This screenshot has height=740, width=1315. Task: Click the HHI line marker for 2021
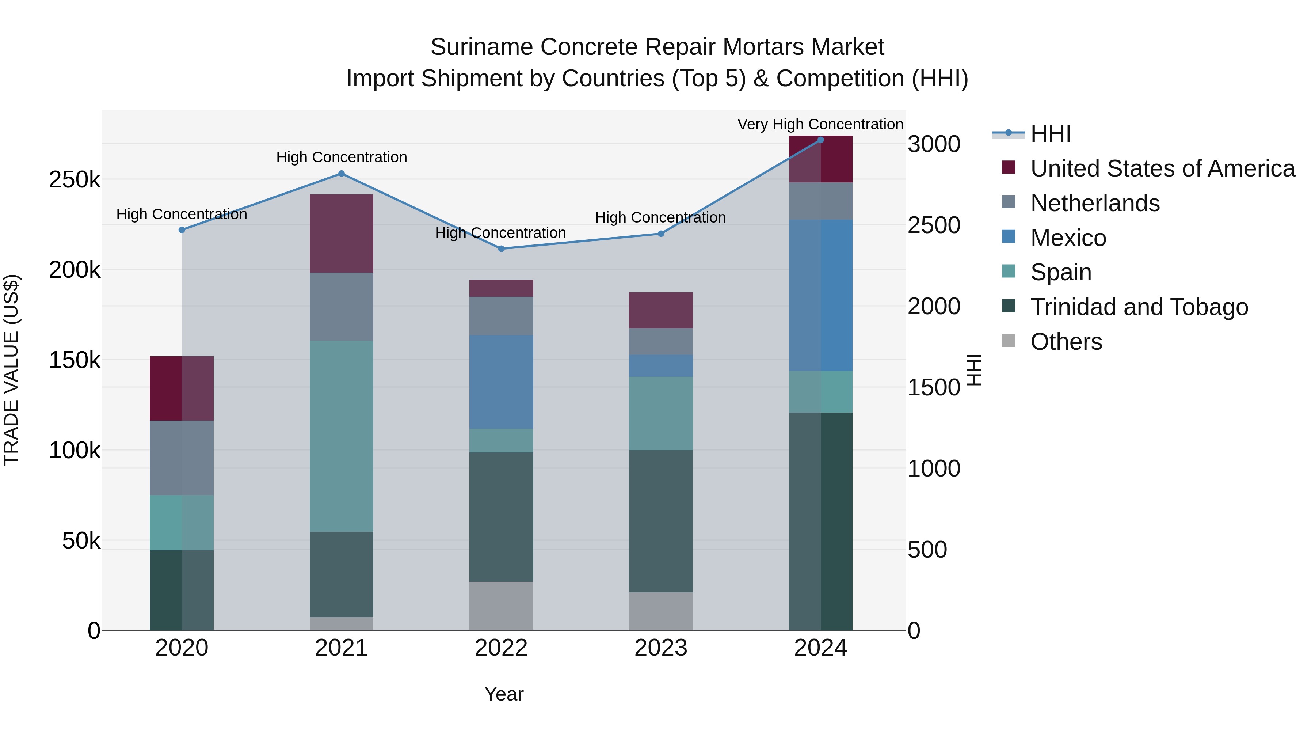[x=342, y=174]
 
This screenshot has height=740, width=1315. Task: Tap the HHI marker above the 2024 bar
[x=820, y=140]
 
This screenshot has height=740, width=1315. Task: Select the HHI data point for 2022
[x=501, y=249]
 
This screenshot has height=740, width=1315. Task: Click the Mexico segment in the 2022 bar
[x=501, y=382]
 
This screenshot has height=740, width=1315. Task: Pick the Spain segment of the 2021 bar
[x=342, y=436]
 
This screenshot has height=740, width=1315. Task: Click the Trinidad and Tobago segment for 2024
[x=820, y=521]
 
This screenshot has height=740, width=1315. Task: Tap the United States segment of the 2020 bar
[x=181, y=388]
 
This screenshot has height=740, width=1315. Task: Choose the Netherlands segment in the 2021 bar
[x=342, y=307]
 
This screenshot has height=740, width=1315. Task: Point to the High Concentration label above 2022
[x=500, y=233]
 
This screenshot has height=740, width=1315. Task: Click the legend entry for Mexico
[x=1068, y=238]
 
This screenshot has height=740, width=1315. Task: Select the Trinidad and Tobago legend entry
[x=1139, y=307]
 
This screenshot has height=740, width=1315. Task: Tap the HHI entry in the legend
[x=1050, y=134]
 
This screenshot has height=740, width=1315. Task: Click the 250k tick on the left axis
[x=75, y=180]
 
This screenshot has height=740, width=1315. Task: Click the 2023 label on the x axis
[x=660, y=648]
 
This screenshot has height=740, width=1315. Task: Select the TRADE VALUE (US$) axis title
[x=11, y=370]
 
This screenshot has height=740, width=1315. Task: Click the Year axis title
[x=504, y=694]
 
